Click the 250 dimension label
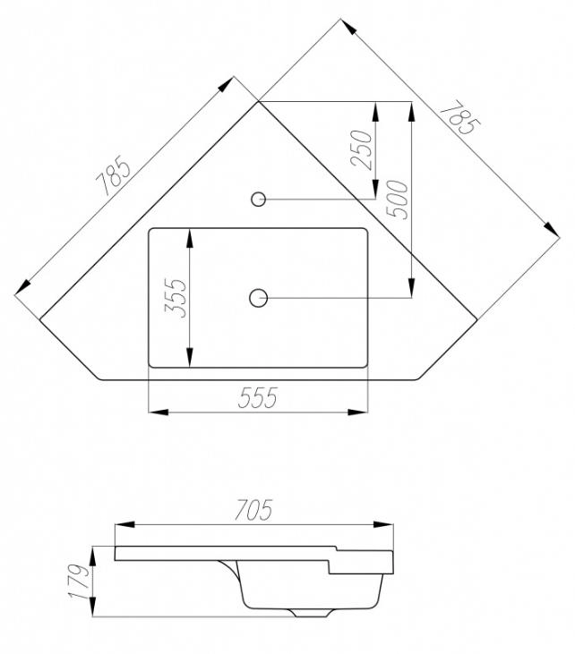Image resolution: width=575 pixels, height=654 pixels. click(362, 149)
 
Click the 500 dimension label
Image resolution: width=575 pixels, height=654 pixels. click(397, 200)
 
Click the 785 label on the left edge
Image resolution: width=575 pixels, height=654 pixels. click(113, 175)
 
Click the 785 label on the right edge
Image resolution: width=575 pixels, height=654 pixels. click(460, 117)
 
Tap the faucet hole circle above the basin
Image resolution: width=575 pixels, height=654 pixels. click(259, 199)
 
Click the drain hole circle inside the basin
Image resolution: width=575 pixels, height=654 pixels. click(259, 298)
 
